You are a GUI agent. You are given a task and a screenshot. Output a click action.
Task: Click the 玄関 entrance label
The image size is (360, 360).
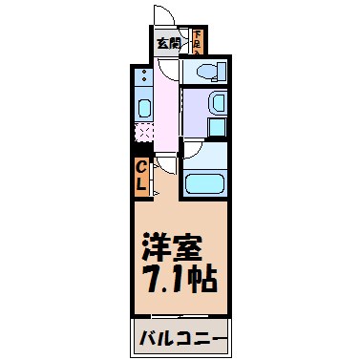[x=167, y=43]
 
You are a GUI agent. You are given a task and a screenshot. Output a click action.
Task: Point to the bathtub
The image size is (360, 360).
[x=203, y=183]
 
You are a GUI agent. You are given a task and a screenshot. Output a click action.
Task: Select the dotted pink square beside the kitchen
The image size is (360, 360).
[x=144, y=133]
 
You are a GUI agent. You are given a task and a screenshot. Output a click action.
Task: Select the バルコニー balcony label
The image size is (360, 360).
[x=180, y=340]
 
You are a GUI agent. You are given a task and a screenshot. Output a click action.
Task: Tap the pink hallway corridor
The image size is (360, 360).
[x=168, y=105]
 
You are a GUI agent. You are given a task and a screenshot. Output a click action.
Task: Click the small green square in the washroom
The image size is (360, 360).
[x=216, y=125]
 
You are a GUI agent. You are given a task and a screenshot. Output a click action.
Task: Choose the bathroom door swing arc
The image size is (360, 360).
[x=189, y=150]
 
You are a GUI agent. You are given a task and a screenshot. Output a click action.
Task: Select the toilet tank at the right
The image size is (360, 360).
[x=220, y=71]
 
